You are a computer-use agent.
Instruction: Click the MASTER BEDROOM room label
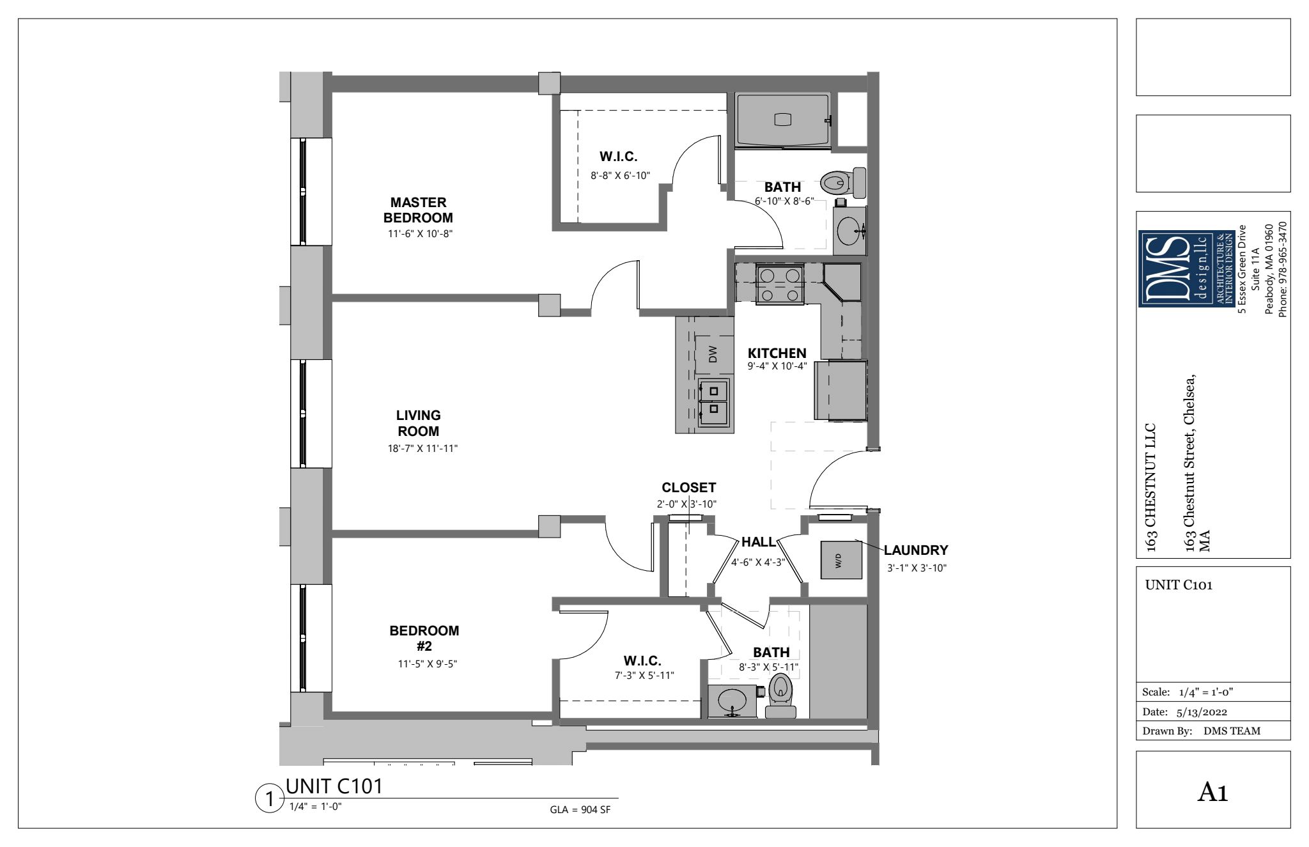click(x=418, y=210)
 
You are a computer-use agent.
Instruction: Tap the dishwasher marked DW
click(x=714, y=354)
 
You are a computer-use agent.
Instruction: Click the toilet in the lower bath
click(x=780, y=696)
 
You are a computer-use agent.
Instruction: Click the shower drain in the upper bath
click(x=782, y=120)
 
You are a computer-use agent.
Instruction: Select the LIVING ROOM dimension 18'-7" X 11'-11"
click(x=418, y=449)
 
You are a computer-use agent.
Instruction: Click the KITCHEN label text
click(x=777, y=353)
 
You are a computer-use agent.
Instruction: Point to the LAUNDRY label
click(x=916, y=550)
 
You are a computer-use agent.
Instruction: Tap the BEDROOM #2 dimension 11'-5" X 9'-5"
click(x=428, y=664)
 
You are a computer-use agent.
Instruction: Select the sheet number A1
click(x=1213, y=793)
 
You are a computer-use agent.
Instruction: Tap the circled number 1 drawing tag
click(x=269, y=799)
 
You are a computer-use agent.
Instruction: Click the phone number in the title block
click(x=1282, y=269)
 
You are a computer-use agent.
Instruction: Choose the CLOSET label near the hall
click(x=689, y=488)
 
